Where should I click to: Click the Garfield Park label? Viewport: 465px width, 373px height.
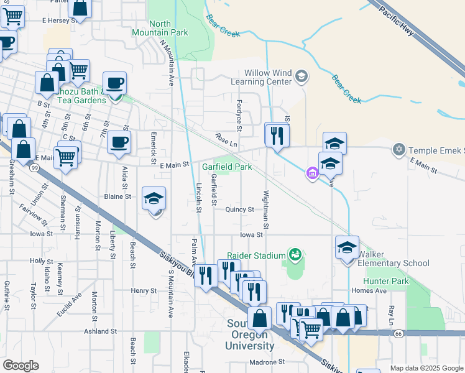[227, 167]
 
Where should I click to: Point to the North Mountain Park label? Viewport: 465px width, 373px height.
[151, 28]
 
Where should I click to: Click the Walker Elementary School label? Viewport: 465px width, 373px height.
[394, 259]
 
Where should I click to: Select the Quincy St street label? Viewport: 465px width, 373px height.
[239, 210]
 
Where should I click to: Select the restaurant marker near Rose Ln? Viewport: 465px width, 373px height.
[277, 134]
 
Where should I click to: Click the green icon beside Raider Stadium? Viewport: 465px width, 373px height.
[295, 254]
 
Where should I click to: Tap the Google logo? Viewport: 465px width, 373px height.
[21, 366]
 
